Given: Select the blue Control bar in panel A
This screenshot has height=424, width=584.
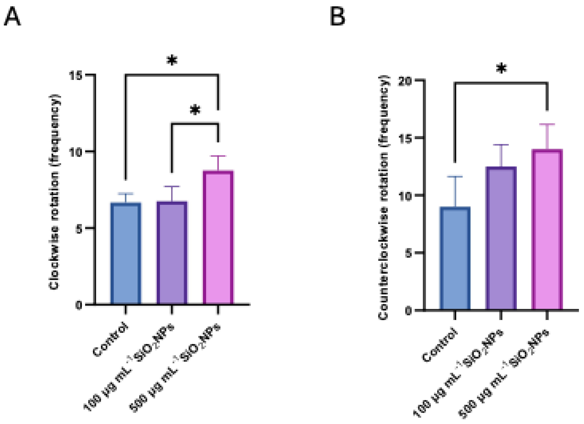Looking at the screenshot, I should (x=126, y=254).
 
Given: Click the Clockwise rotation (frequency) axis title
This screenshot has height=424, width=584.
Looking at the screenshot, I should (x=54, y=192).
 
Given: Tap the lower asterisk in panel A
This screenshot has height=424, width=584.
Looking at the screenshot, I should (x=195, y=110).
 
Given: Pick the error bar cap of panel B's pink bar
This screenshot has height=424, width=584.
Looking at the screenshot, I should (x=547, y=124).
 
